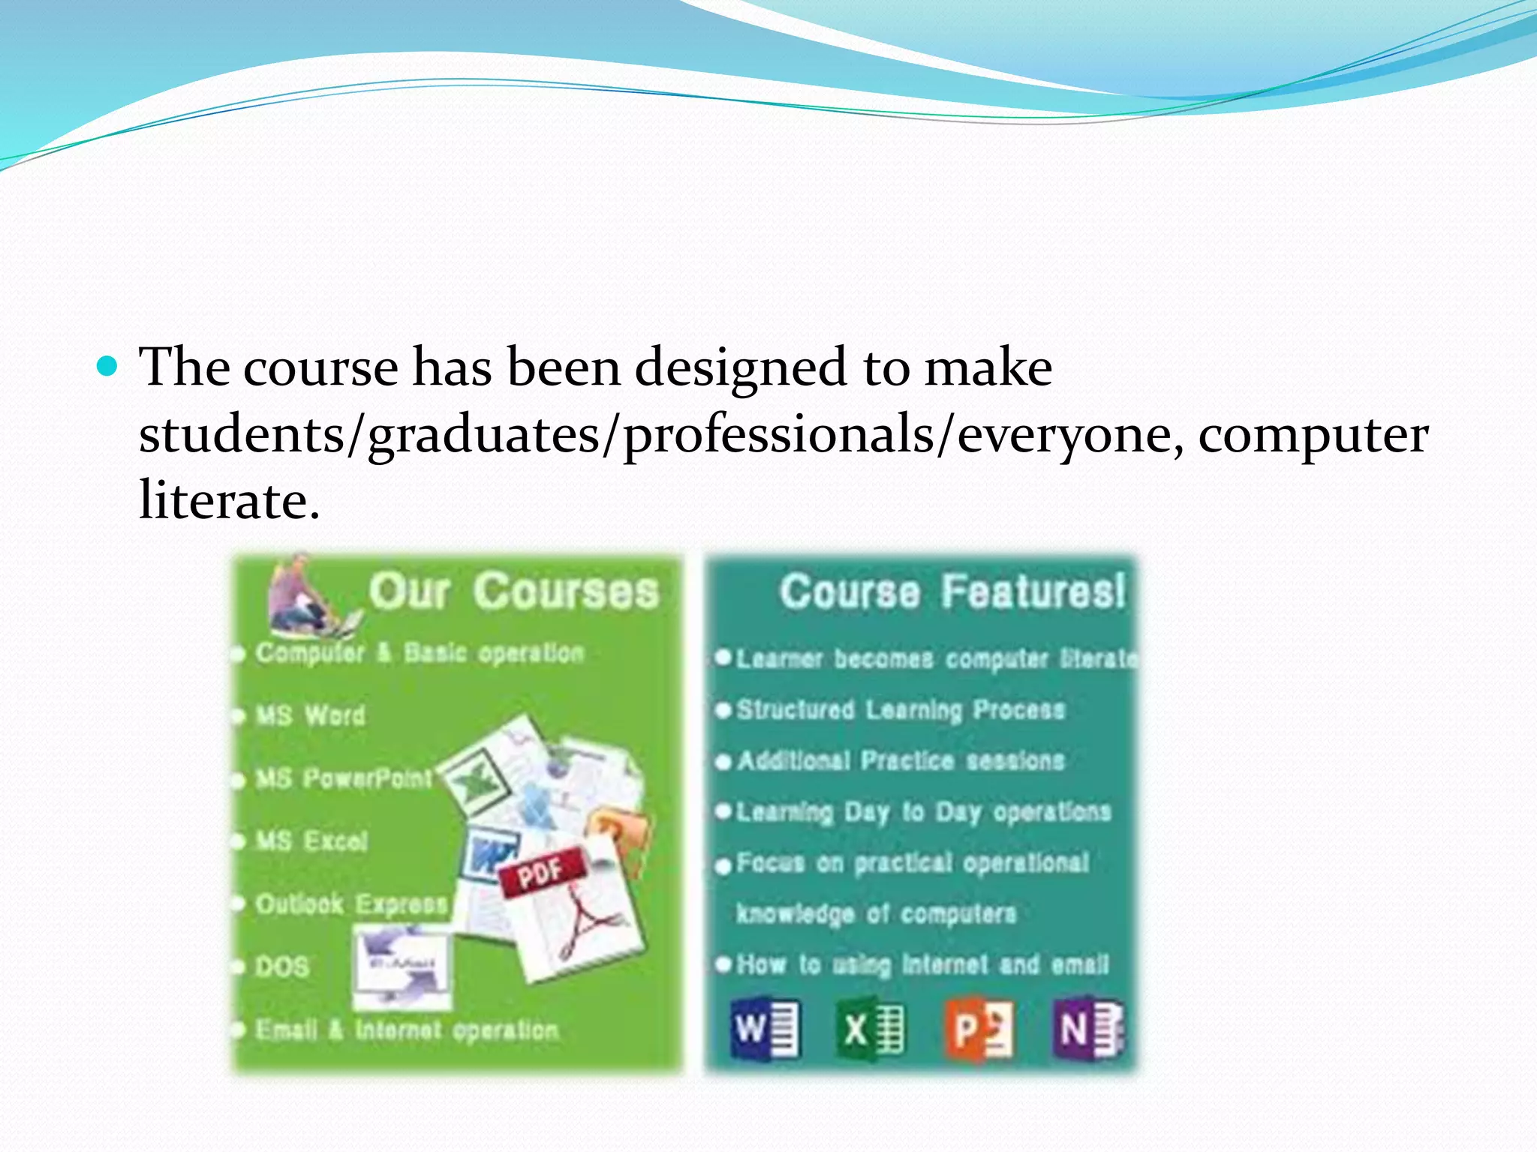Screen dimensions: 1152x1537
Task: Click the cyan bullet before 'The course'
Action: tap(108, 367)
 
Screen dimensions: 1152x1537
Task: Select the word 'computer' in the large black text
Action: tap(1313, 435)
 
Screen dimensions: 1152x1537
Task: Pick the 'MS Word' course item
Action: tap(311, 715)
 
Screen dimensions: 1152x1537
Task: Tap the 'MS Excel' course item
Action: tap(311, 841)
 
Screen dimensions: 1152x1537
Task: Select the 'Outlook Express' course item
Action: tap(351, 904)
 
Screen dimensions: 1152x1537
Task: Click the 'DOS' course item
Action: tap(282, 967)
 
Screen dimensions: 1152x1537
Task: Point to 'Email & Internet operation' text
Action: tap(407, 1030)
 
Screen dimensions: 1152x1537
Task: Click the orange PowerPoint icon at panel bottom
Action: tap(978, 1028)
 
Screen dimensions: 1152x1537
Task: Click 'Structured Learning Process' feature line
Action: tap(901, 709)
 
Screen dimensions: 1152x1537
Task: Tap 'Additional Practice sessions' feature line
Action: tap(901, 760)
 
